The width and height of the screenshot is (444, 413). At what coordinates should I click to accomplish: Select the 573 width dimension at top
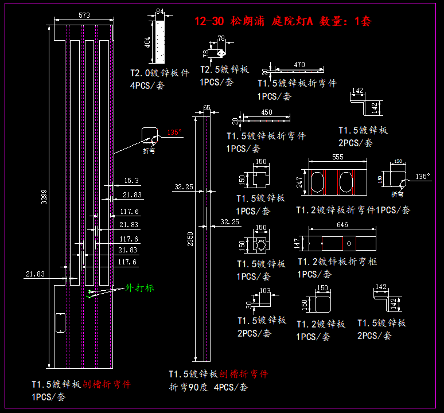(84, 16)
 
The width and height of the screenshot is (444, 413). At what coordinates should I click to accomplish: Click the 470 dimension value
(299, 65)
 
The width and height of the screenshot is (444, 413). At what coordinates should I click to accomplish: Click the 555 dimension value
(338, 157)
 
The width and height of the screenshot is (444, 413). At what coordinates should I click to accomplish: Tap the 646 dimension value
(342, 224)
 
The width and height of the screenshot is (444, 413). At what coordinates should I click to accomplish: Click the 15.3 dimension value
(131, 181)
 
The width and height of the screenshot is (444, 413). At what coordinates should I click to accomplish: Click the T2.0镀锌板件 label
(159, 73)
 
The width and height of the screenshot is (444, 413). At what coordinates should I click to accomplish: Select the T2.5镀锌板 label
(224, 69)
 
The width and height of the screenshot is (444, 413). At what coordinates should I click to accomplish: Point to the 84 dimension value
(159, 11)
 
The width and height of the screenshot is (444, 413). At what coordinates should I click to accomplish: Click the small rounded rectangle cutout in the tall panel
(60, 322)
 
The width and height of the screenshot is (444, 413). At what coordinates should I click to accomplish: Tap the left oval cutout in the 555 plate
(317, 183)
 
